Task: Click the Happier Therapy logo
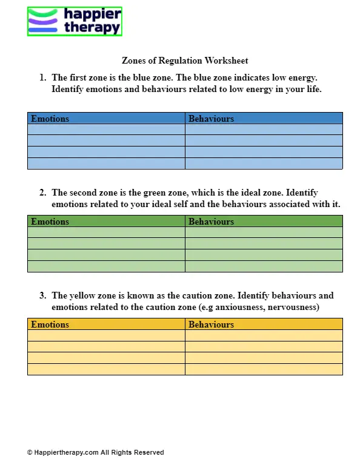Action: pyautogui.click(x=75, y=21)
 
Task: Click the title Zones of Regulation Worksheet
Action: pyautogui.click(x=185, y=61)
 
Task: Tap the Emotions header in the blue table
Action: pyautogui.click(x=50, y=119)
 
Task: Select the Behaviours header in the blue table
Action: pyautogui.click(x=211, y=119)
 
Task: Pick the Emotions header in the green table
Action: pyautogui.click(x=50, y=222)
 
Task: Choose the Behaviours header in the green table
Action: pyautogui.click(x=211, y=222)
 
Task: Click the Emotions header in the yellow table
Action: pyautogui.click(x=50, y=325)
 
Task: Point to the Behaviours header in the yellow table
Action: pyautogui.click(x=211, y=325)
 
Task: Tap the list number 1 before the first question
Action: pyautogui.click(x=42, y=77)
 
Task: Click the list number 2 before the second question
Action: pyautogui.click(x=42, y=193)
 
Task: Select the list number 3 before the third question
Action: pyautogui.click(x=42, y=295)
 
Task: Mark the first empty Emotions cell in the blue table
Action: pyautogui.click(x=106, y=130)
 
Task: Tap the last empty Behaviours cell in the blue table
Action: pyautogui.click(x=264, y=163)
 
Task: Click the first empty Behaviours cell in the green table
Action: pyautogui.click(x=264, y=232)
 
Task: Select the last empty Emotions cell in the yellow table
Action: pyautogui.click(x=106, y=369)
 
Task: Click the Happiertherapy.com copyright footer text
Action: pyautogui.click(x=95, y=452)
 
